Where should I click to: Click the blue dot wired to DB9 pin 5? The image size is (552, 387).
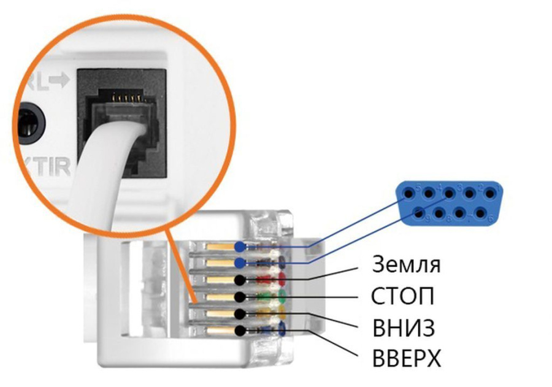239,247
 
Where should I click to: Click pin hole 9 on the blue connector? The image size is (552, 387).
419,214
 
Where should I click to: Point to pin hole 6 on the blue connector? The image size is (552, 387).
480,214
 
